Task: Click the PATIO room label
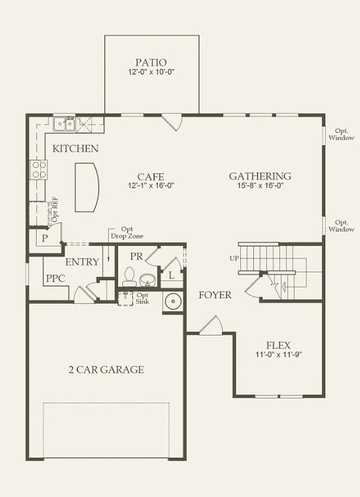151,63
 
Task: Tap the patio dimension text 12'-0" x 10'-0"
151,71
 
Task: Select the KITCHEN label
75,148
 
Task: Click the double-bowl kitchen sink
64,124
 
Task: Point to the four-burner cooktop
38,170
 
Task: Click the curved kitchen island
87,188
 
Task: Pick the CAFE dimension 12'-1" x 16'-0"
151,185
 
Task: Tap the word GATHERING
260,176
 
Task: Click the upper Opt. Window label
341,134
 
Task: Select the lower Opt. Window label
341,226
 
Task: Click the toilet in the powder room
129,276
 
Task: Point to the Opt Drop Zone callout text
127,232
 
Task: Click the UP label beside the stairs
234,258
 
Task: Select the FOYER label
215,295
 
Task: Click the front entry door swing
212,325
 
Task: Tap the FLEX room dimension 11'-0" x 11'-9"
279,355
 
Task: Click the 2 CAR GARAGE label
106,370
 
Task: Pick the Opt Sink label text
142,298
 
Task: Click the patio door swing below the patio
171,122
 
